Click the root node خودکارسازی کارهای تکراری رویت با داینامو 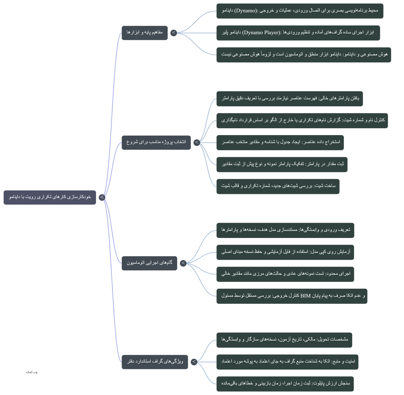click(x=50, y=197)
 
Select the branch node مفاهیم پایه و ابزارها click(x=145, y=33)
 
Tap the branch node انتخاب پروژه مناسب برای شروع click(x=156, y=142)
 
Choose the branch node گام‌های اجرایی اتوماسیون click(x=149, y=263)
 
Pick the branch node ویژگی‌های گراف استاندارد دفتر click(x=155, y=362)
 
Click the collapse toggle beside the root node click(x=102, y=197)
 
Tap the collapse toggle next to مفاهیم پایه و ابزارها click(x=174, y=33)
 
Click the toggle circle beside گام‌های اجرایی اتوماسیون click(x=183, y=263)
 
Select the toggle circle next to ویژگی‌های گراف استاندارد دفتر click(x=194, y=362)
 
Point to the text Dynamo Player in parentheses click(x=261, y=33)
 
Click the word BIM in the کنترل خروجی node click(x=306, y=296)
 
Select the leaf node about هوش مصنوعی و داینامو click(x=304, y=55)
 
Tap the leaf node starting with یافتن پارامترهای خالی click(x=290, y=99)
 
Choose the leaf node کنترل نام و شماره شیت click(x=302, y=121)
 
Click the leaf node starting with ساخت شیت click(x=278, y=186)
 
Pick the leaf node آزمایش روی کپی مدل click(x=285, y=252)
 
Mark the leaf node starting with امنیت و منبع click(x=287, y=362)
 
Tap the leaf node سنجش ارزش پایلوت click(x=285, y=384)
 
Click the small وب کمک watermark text click(x=32, y=372)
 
